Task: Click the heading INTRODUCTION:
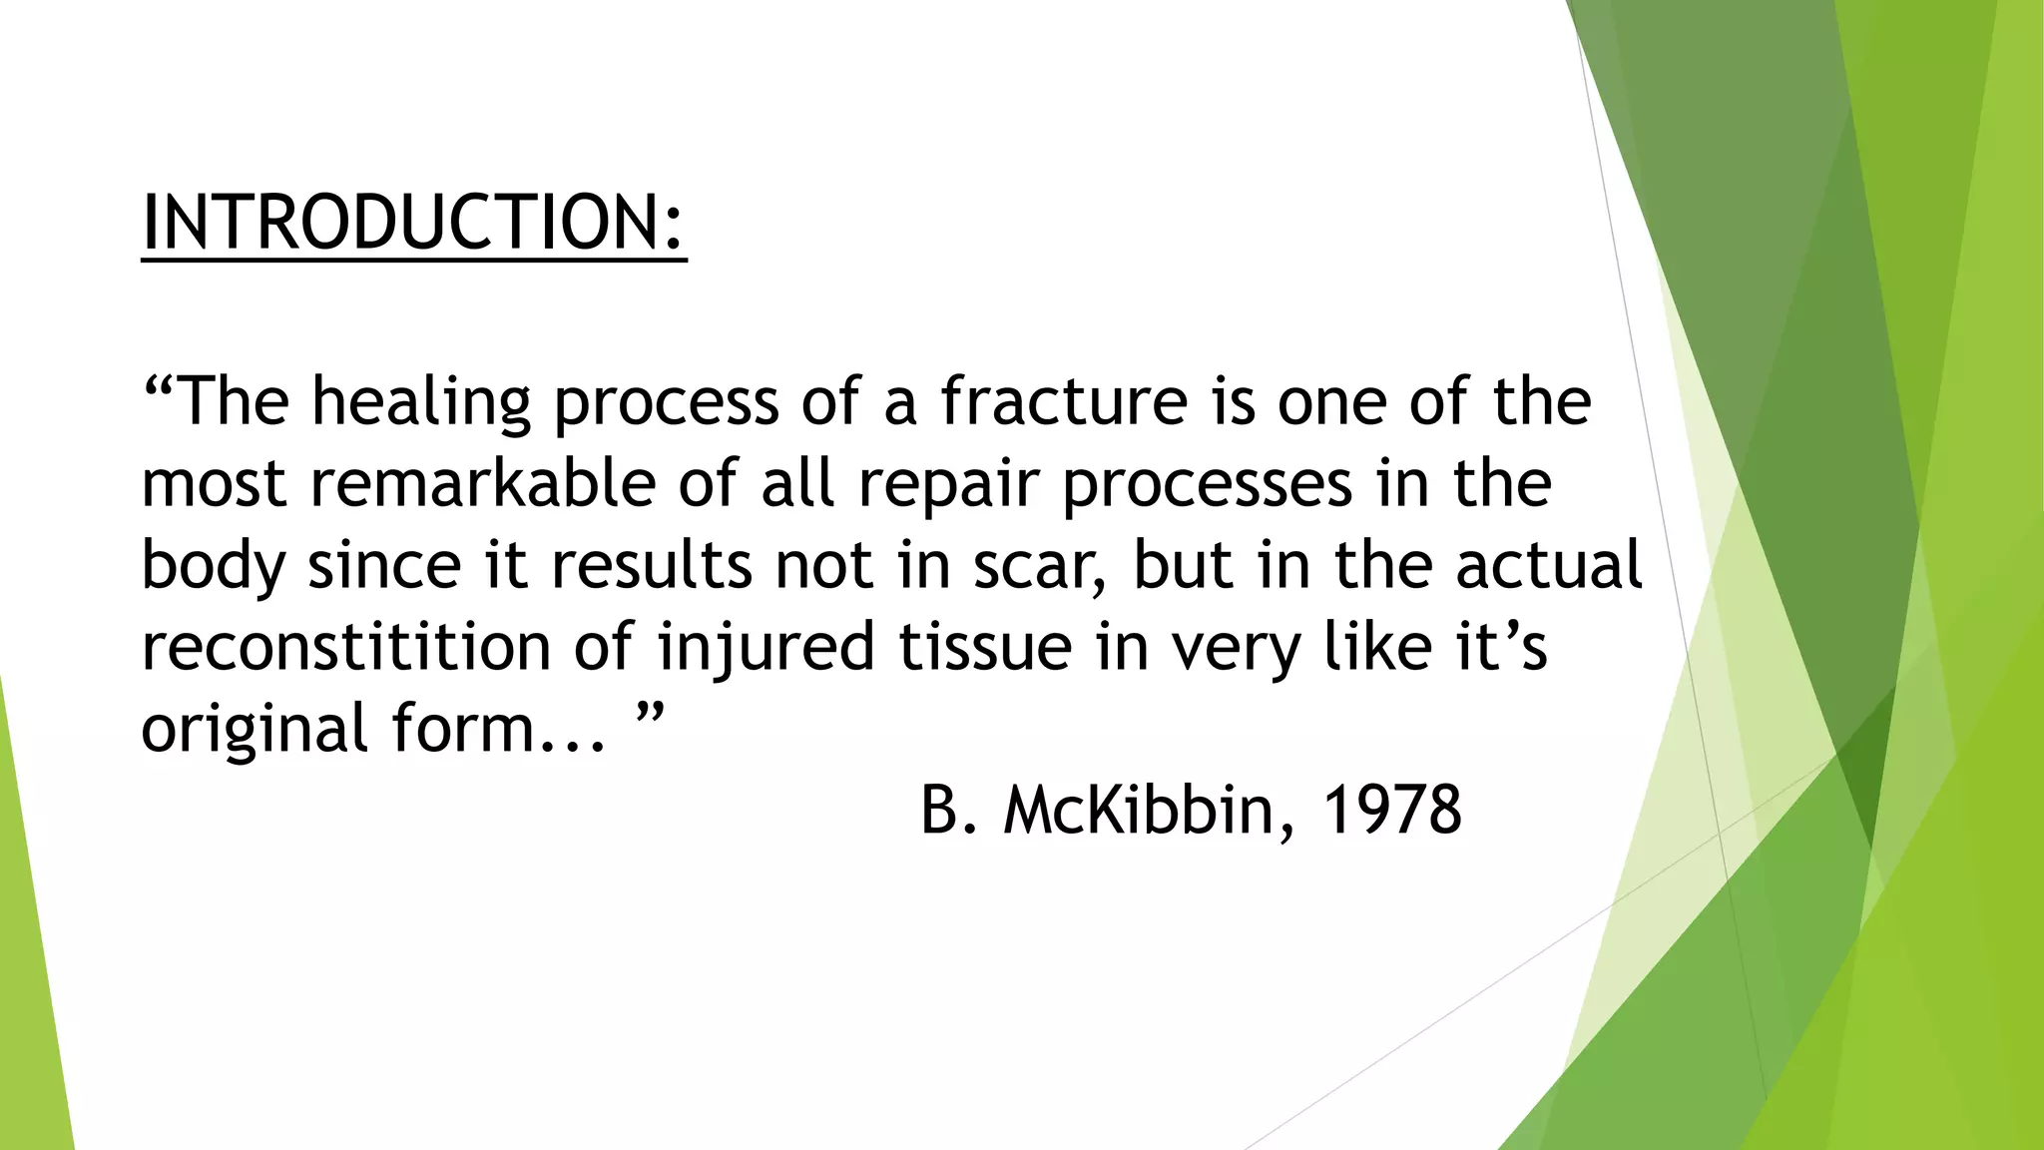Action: click(x=414, y=223)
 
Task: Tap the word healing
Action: click(x=420, y=402)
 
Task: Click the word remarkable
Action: click(x=483, y=483)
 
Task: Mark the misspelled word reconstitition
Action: click(x=346, y=646)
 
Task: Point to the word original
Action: click(x=255, y=730)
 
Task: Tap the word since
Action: click(x=384, y=566)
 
